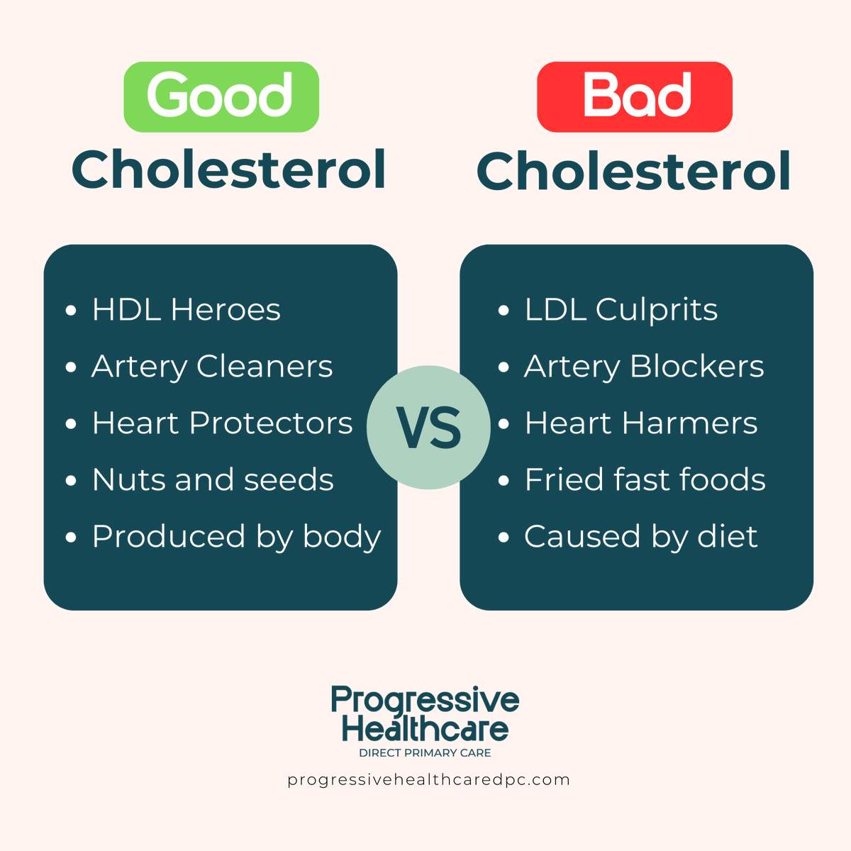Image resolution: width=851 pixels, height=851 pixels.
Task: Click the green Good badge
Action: pyautogui.click(x=221, y=96)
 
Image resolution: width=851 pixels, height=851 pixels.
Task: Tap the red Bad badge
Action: pyautogui.click(x=635, y=96)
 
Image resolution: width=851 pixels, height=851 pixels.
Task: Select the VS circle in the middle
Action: pyautogui.click(x=428, y=428)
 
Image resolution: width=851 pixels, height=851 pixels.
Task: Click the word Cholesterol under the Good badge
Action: pyautogui.click(x=228, y=170)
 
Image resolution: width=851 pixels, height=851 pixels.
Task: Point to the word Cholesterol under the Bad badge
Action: pyautogui.click(x=633, y=172)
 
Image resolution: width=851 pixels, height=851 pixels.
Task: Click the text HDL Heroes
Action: pyautogui.click(x=186, y=310)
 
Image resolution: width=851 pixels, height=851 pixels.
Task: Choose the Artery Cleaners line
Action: pyautogui.click(x=212, y=367)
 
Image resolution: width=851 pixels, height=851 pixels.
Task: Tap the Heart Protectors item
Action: pyautogui.click(x=222, y=423)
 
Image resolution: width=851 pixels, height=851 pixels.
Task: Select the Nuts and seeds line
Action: pyautogui.click(x=213, y=480)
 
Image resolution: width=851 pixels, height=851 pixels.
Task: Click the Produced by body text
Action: pyautogui.click(x=236, y=537)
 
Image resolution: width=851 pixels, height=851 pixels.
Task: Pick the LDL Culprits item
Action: pyautogui.click(x=621, y=310)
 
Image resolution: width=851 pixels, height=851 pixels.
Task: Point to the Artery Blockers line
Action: pyautogui.click(x=644, y=367)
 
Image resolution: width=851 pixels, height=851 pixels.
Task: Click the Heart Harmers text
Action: pyautogui.click(x=641, y=423)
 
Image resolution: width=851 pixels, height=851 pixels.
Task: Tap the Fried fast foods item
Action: pyautogui.click(x=645, y=480)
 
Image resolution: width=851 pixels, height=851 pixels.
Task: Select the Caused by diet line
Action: pyautogui.click(x=640, y=537)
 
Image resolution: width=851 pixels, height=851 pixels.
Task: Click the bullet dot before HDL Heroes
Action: pyautogui.click(x=70, y=311)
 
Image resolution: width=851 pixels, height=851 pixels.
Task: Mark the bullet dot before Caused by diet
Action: pyautogui.click(x=504, y=538)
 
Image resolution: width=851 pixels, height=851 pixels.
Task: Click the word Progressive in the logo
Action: pyautogui.click(x=425, y=701)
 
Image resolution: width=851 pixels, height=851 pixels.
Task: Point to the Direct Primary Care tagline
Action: pyautogui.click(x=425, y=752)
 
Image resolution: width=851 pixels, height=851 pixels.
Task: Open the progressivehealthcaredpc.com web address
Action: pyautogui.click(x=428, y=780)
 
